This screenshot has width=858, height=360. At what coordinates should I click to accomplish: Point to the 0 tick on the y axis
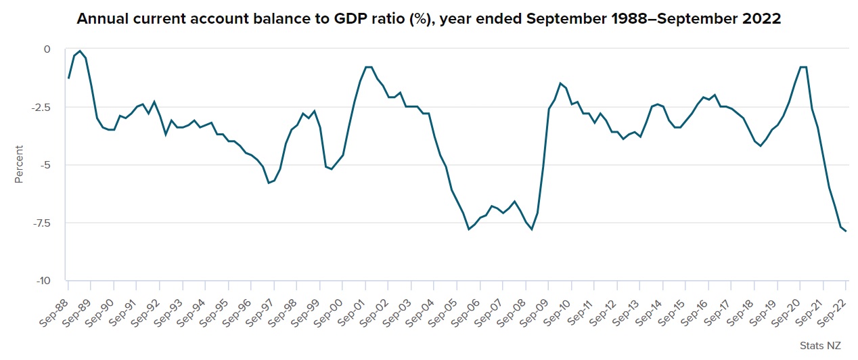(x=47, y=49)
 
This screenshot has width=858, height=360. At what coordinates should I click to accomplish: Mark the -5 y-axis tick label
(x=44, y=165)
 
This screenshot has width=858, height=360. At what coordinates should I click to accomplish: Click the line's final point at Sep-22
(x=846, y=231)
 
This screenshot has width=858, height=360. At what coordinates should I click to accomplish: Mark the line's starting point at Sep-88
(x=68, y=78)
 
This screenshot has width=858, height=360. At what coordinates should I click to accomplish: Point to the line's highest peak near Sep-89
(x=80, y=51)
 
